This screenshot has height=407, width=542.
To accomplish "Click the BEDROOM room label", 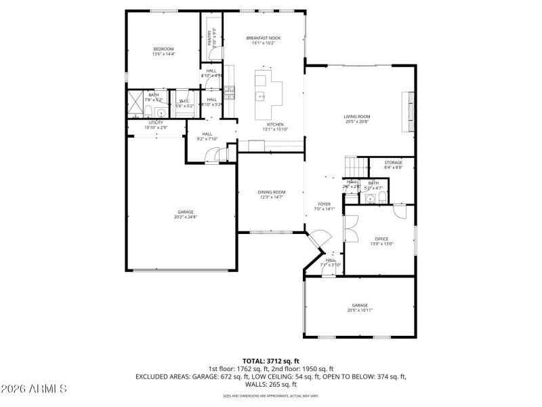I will (x=163, y=49).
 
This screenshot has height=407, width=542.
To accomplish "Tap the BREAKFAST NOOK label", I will (x=263, y=38).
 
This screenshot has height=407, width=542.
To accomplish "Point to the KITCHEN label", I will (x=274, y=125).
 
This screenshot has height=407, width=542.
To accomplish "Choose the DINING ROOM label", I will (x=271, y=192).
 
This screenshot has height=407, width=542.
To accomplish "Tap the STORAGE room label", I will (x=393, y=163).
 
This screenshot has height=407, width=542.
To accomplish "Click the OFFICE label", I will (x=381, y=239).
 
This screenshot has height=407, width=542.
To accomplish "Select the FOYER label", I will (x=325, y=204).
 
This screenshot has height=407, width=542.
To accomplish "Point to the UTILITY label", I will (x=156, y=123).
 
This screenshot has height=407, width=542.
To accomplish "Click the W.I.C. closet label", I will (x=185, y=101).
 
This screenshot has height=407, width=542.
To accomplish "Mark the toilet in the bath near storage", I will (x=383, y=199).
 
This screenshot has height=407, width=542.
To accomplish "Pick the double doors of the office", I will (x=351, y=230).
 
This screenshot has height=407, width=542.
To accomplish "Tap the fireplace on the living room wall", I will (x=408, y=111).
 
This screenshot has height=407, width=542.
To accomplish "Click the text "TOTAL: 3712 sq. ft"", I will (x=270, y=360).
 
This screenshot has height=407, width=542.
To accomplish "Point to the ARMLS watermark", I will (x=34, y=389).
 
